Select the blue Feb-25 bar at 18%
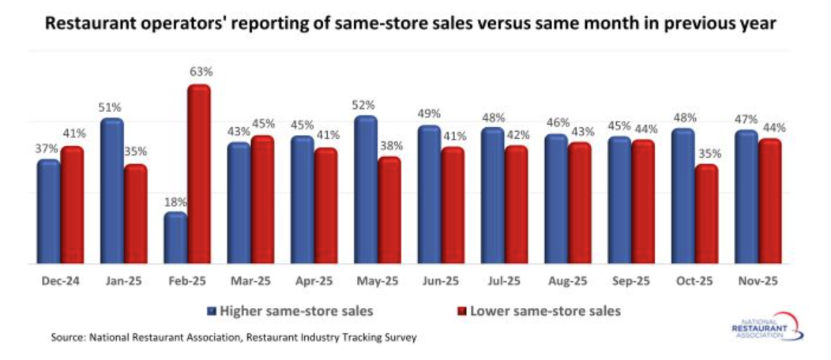tap(175, 238)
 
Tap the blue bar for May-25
tap(365, 190)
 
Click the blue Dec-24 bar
tap(48, 212)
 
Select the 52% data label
tap(364, 105)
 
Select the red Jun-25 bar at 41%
tap(453, 206)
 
